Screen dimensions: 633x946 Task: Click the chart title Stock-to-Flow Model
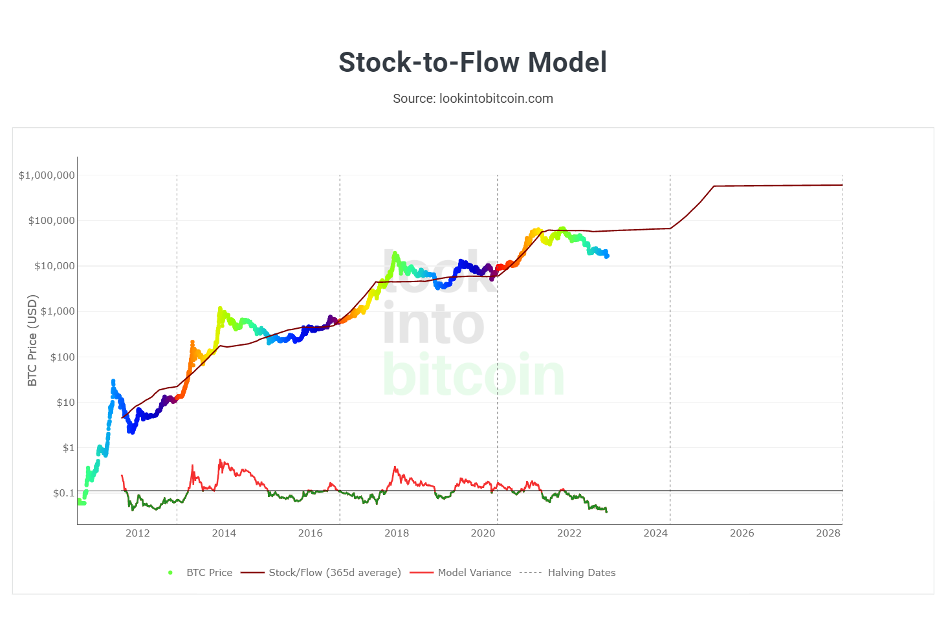point(472,63)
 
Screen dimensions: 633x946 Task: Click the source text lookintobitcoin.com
point(473,98)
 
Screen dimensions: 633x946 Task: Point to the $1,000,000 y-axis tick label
point(47,175)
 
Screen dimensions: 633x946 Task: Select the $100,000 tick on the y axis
point(51,221)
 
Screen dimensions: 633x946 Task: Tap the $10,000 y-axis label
point(54,266)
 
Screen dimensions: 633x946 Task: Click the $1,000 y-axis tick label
point(58,311)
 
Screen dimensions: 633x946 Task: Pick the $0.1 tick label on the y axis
point(63,493)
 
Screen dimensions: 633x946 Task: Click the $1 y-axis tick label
point(69,448)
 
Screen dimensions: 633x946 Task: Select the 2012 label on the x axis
point(137,533)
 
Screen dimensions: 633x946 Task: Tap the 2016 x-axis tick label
point(310,533)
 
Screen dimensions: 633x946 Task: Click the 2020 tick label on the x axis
point(483,533)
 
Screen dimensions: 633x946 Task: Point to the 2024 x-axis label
point(655,533)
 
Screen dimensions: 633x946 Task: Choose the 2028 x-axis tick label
point(828,533)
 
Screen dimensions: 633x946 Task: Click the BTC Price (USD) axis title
point(32,340)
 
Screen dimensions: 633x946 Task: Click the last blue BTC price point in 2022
point(606,256)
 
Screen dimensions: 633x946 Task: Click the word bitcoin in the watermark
point(473,375)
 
